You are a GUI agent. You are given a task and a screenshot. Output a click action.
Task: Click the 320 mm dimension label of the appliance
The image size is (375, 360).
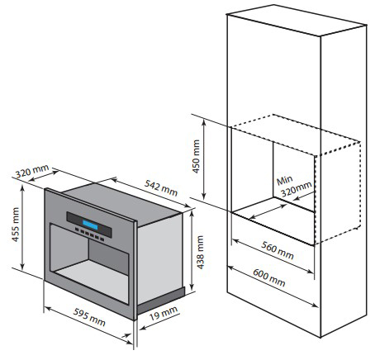click(32, 171)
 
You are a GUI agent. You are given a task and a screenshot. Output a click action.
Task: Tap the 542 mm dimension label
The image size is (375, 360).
click(161, 187)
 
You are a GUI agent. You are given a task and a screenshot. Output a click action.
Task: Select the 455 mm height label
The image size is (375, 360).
click(16, 225)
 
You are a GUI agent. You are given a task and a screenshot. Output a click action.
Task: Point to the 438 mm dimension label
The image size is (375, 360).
click(201, 253)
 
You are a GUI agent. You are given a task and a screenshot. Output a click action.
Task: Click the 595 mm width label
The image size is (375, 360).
click(89, 317)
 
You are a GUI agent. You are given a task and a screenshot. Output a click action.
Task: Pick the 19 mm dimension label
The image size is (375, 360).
click(164, 313)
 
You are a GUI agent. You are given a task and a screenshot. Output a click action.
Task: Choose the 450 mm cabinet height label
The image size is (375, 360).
click(196, 156)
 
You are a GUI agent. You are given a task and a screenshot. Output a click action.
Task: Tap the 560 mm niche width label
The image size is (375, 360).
click(278, 250)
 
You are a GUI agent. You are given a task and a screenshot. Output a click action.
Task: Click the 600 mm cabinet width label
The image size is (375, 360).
click(268, 277)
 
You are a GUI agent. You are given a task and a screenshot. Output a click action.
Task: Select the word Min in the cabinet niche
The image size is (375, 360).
click(284, 181)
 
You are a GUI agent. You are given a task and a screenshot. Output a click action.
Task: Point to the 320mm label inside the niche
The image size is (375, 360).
click(296, 189)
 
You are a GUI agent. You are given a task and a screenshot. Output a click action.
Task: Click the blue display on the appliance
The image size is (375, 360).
click(90, 225)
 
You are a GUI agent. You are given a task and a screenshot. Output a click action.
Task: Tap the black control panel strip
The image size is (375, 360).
click(89, 225)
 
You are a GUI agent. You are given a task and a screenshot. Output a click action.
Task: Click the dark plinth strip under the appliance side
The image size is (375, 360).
click(161, 300)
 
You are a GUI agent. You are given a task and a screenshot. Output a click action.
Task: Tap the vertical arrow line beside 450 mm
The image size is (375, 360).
click(204, 159)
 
